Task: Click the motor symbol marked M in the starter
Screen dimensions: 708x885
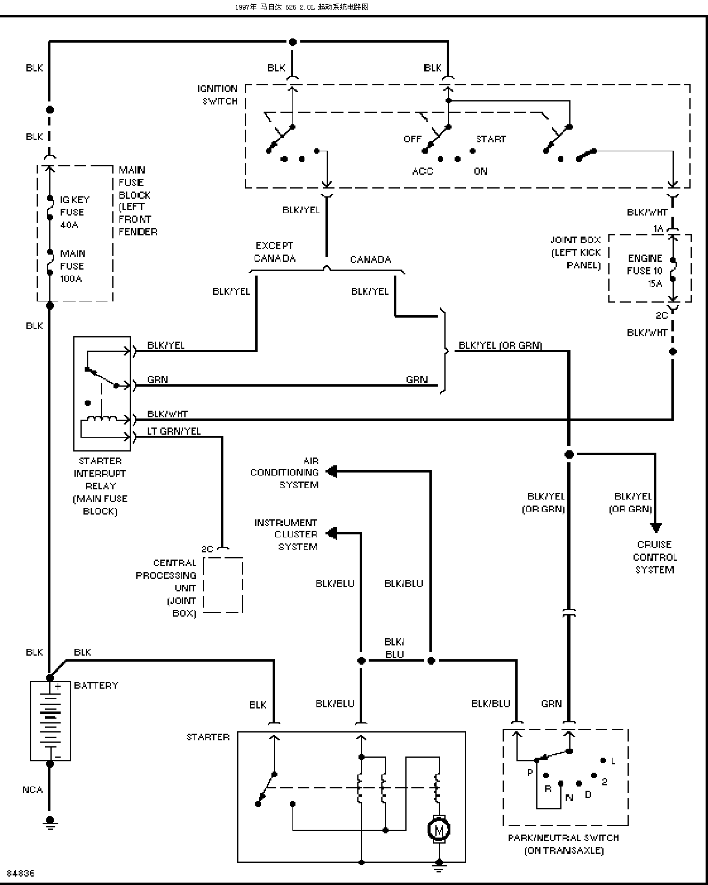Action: click(x=438, y=830)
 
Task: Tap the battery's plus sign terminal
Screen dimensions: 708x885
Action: click(x=58, y=686)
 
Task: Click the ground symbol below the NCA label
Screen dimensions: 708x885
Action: click(x=50, y=823)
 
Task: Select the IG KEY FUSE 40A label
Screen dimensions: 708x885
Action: click(x=74, y=212)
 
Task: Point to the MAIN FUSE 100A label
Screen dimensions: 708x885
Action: click(x=73, y=266)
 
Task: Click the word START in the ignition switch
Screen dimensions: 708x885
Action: click(x=491, y=139)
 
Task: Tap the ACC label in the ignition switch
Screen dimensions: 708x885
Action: click(x=423, y=171)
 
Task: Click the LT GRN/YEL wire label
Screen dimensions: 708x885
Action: click(x=174, y=431)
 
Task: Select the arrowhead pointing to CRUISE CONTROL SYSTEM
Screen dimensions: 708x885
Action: click(x=655, y=527)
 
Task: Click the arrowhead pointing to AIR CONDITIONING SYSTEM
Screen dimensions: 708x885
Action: click(x=331, y=472)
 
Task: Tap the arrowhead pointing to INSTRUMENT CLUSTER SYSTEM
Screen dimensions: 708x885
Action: click(x=331, y=533)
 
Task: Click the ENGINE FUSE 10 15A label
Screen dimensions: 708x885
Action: click(x=644, y=271)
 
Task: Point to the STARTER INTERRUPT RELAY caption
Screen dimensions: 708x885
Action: click(x=100, y=486)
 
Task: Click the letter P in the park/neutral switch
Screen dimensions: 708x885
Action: click(x=530, y=772)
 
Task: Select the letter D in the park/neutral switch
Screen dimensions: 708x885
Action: click(x=588, y=794)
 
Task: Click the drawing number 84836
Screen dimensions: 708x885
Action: click(x=21, y=873)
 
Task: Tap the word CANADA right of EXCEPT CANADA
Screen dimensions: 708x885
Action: click(x=371, y=259)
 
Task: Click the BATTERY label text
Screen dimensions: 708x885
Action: click(x=96, y=686)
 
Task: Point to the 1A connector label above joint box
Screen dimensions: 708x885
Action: click(x=658, y=228)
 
